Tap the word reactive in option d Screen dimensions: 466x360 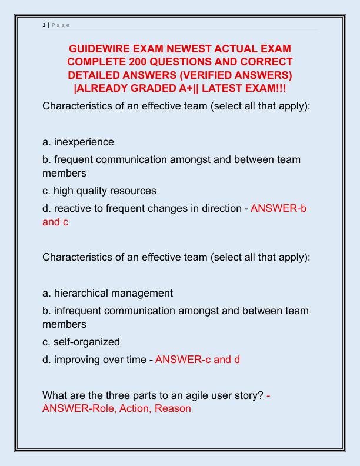click(x=72, y=208)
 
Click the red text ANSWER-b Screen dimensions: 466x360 click(x=278, y=208)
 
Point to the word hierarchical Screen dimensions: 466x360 click(x=82, y=292)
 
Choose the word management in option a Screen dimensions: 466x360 click(x=142, y=292)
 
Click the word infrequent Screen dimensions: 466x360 click(x=79, y=310)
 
